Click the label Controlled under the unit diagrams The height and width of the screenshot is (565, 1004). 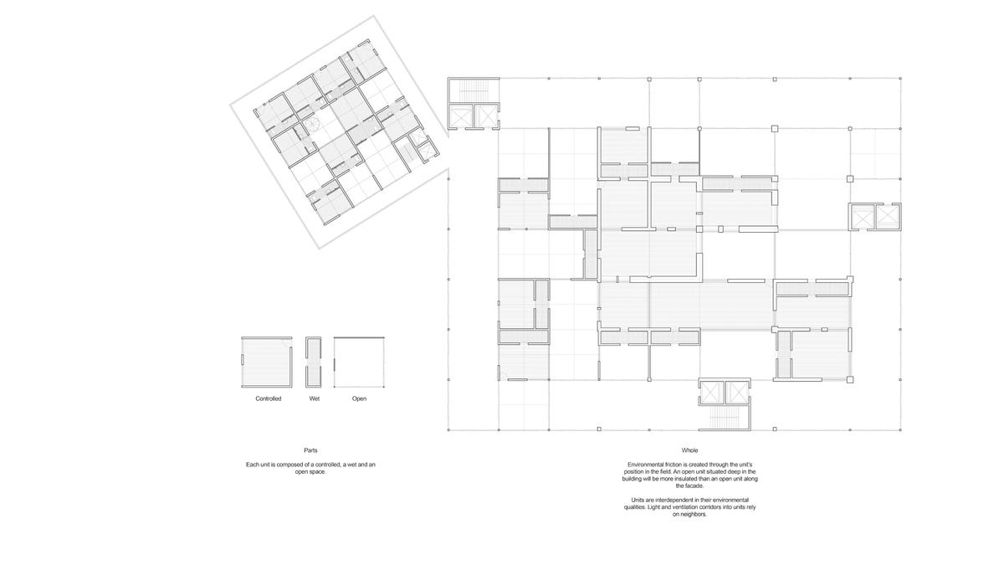(x=268, y=398)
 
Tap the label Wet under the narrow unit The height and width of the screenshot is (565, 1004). (x=315, y=398)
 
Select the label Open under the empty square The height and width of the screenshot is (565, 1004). (x=359, y=398)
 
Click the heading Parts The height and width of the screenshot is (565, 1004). (x=310, y=450)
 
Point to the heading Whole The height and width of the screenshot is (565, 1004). (x=689, y=450)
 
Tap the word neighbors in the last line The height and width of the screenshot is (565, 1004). (x=693, y=514)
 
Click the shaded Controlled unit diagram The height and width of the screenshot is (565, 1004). (x=267, y=362)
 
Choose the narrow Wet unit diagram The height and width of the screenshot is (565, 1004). (x=314, y=362)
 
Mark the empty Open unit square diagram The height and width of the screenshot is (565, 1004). (x=359, y=362)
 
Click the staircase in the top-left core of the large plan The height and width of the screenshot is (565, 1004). (x=473, y=91)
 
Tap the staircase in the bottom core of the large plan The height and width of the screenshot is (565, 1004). (x=725, y=417)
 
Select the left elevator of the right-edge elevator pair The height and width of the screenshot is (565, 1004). (x=862, y=218)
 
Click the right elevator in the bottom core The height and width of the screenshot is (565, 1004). (x=737, y=392)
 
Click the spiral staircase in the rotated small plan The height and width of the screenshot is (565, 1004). (x=310, y=125)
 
